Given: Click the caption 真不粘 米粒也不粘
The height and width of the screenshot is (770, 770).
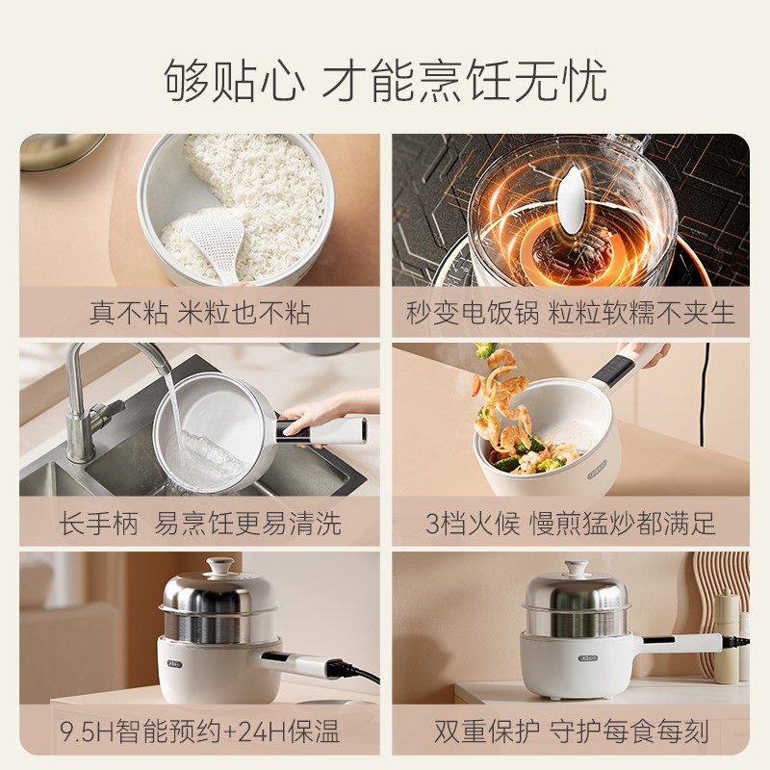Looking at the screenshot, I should (200, 313).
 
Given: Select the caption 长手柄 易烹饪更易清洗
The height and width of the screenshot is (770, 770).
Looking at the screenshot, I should (200, 523).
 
